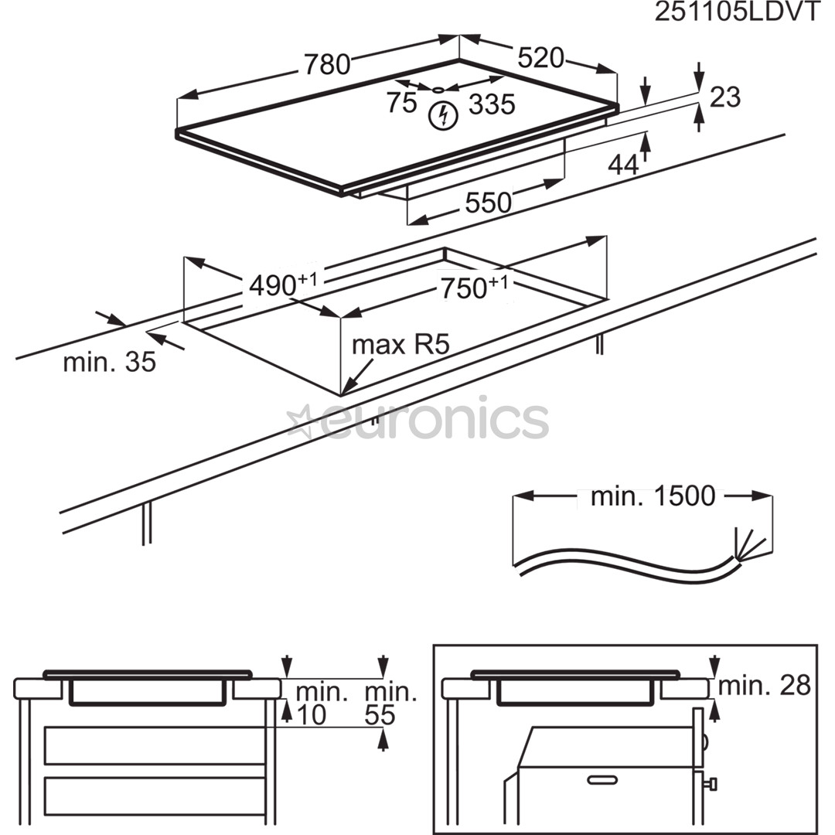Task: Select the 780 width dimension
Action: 326,64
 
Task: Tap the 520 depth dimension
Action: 540,57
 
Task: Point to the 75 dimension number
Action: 402,104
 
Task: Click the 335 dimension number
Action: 492,104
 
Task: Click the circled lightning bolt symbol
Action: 444,116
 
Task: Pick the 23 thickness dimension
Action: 724,97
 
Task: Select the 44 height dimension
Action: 623,165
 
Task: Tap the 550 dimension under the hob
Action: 488,203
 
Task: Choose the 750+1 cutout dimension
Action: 474,288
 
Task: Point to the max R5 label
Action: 400,345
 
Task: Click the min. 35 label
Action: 109,362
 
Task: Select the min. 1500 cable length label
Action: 653,497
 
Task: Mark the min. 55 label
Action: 390,703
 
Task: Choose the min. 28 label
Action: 765,685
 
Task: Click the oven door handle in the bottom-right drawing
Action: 608,779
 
